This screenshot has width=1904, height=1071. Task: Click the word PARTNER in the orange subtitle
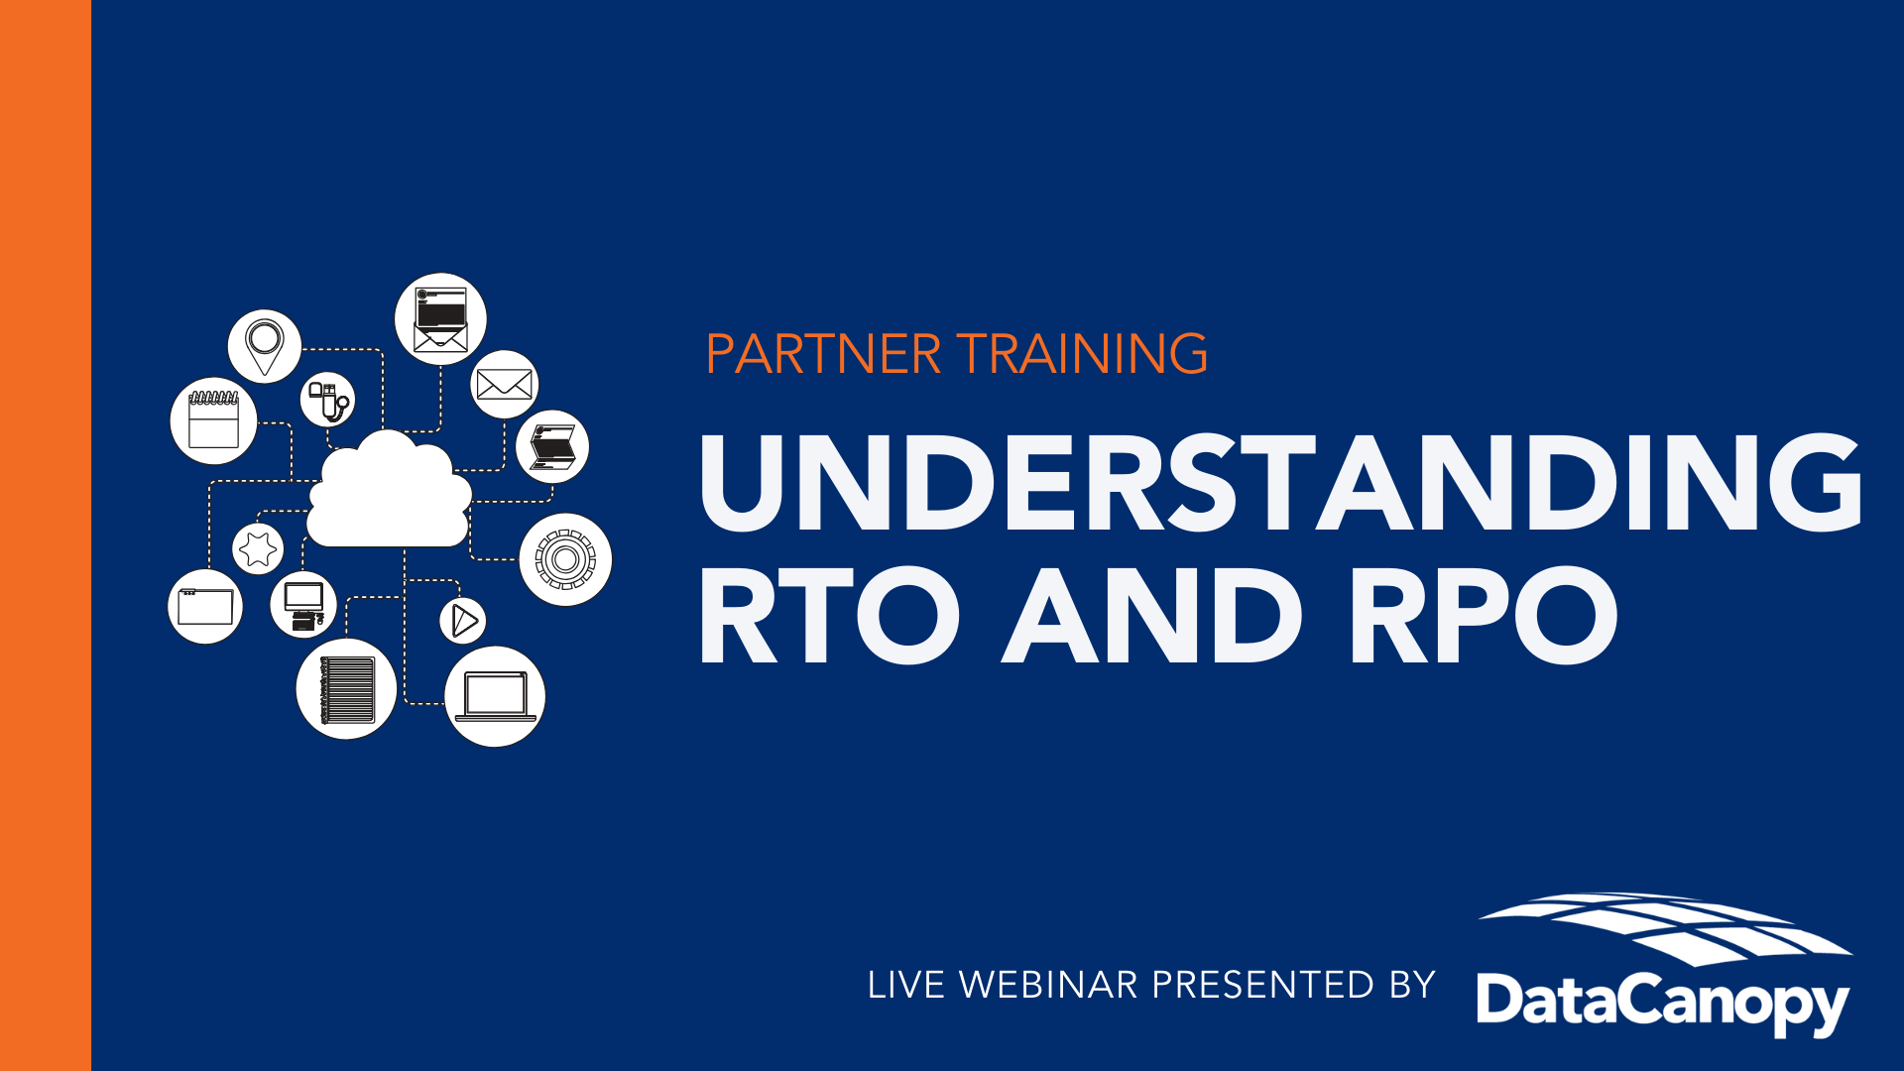point(823,354)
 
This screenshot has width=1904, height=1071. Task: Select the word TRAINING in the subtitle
point(1082,354)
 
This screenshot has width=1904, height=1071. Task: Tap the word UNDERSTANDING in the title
point(1281,483)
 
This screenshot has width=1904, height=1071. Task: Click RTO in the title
point(830,616)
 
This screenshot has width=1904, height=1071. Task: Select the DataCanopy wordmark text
point(1663,1003)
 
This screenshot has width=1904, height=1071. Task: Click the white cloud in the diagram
point(389,491)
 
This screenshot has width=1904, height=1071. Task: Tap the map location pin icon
point(265,346)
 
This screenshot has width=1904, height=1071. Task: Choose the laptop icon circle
point(495,696)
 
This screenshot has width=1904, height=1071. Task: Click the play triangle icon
point(463,621)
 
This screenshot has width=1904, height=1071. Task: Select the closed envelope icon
point(505,384)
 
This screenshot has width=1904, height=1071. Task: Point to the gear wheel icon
point(565,559)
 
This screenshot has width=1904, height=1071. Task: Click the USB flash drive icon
point(327,400)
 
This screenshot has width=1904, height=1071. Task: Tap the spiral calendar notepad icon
point(214,420)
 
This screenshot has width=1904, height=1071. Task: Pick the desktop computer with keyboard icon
point(303,605)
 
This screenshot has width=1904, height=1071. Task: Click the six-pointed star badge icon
point(258,548)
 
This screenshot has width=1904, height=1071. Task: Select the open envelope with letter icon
point(440,319)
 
